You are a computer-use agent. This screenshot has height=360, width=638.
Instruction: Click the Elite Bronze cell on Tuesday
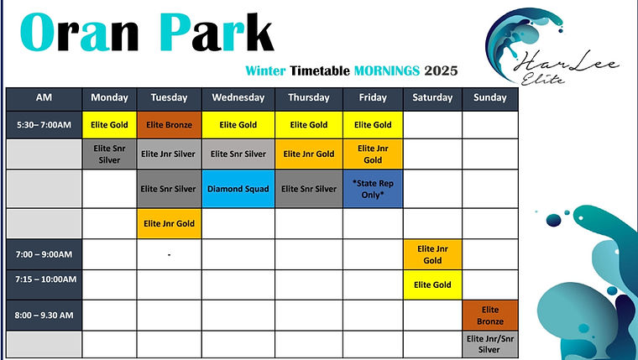click(x=169, y=125)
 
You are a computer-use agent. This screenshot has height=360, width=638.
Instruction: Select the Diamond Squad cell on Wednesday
click(x=238, y=189)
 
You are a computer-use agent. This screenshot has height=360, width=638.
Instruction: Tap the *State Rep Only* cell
click(x=373, y=189)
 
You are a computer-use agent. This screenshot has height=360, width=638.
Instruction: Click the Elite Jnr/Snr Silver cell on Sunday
click(x=489, y=344)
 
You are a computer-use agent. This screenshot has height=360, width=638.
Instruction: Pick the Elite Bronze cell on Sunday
click(x=489, y=315)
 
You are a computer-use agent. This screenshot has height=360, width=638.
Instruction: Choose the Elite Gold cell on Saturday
click(x=432, y=285)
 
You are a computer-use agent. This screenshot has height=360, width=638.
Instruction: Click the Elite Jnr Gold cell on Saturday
click(x=432, y=254)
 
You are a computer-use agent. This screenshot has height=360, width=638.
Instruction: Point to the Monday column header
click(x=109, y=97)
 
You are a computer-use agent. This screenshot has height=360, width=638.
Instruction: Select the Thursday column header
click(x=308, y=97)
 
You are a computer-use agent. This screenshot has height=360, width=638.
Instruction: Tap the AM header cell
click(x=44, y=97)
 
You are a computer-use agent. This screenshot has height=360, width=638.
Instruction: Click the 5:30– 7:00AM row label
click(x=44, y=125)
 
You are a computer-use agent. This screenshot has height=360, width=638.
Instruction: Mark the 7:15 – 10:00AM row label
click(x=44, y=279)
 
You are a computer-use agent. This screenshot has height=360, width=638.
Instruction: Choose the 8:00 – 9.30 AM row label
click(x=44, y=315)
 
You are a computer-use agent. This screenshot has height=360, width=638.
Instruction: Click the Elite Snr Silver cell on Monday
click(x=109, y=154)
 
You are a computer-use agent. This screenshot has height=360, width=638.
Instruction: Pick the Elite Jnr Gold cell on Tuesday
click(x=169, y=223)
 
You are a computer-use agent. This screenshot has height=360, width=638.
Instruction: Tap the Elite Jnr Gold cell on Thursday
click(x=308, y=154)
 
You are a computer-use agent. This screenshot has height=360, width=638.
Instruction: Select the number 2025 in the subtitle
click(x=441, y=70)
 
